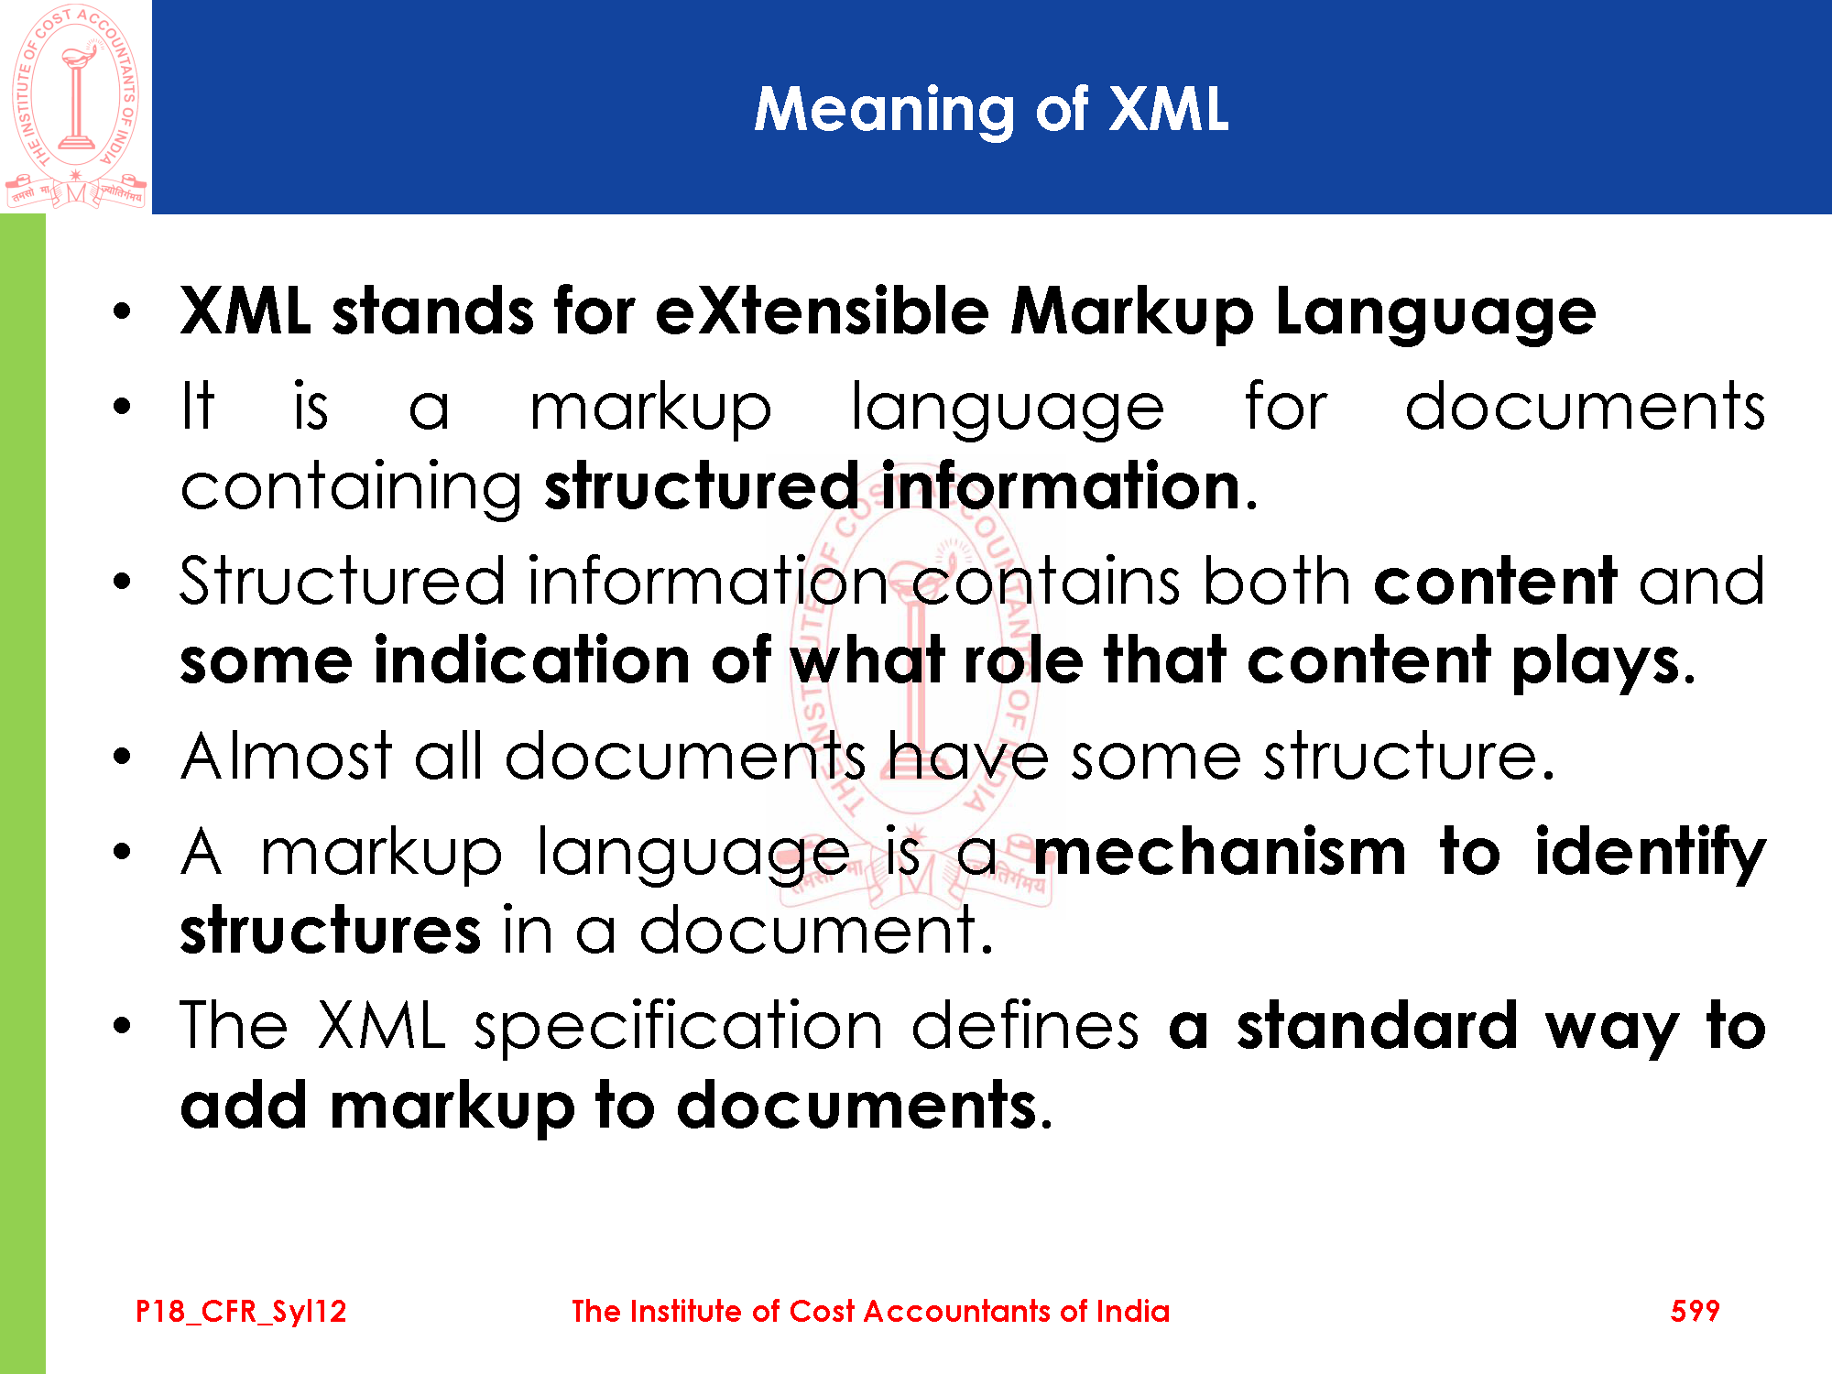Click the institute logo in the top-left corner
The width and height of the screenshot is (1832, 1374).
(75, 106)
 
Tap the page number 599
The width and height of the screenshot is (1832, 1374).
(1695, 1311)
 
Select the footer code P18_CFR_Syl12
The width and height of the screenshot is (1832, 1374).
(241, 1312)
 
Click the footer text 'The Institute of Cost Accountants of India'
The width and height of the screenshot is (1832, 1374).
(870, 1311)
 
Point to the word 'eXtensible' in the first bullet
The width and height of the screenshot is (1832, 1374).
(823, 311)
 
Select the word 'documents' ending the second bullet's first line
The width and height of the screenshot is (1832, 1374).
(1585, 406)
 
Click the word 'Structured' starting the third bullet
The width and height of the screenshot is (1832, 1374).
(342, 581)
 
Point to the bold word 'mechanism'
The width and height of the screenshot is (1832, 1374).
(1220, 852)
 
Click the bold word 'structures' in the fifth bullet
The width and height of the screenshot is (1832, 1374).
(330, 930)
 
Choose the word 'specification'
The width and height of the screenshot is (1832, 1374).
(679, 1028)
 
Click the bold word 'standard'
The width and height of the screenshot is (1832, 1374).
(1378, 1026)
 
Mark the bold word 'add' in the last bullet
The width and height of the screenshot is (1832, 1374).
(244, 1106)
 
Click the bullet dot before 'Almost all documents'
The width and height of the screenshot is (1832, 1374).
(122, 757)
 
